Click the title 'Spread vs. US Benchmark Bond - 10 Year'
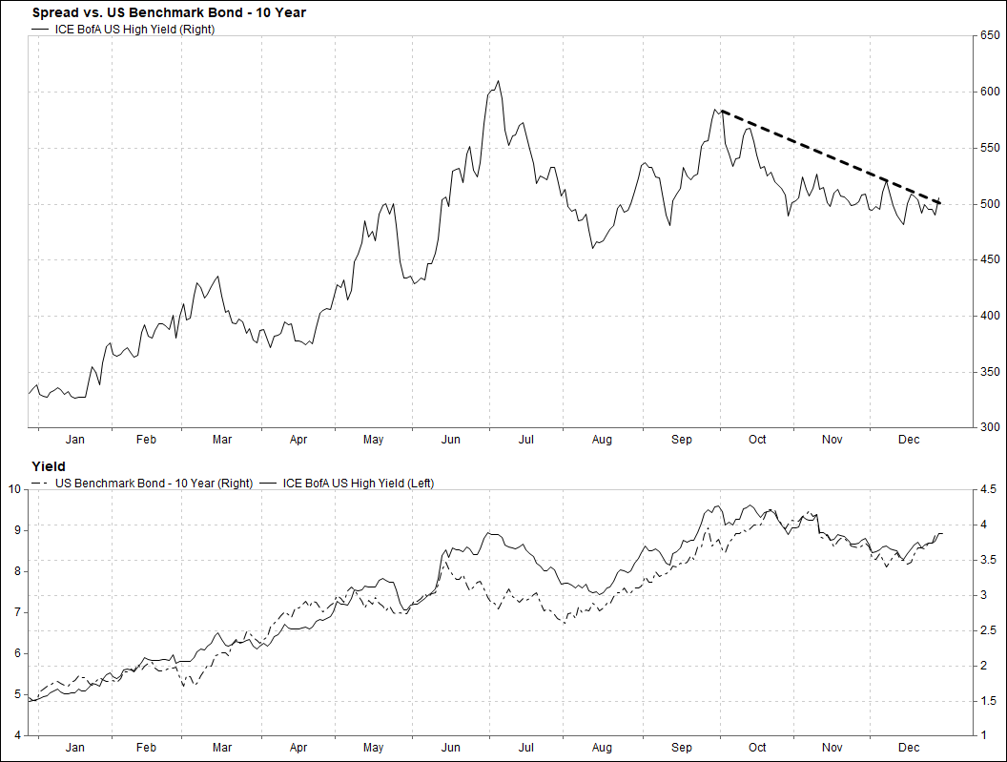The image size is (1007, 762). (x=169, y=12)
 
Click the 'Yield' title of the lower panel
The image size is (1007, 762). (x=49, y=466)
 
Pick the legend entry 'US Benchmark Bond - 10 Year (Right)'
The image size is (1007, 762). (x=154, y=484)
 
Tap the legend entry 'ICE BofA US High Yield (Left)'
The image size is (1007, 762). (x=353, y=484)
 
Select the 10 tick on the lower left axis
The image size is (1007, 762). (x=13, y=489)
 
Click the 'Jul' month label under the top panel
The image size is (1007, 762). (x=525, y=440)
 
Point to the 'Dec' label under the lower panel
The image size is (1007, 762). (x=909, y=748)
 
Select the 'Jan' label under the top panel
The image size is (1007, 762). (x=75, y=440)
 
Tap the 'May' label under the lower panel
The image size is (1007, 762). (x=373, y=748)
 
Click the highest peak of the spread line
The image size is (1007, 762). (x=498, y=81)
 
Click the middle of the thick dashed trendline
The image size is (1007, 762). (x=832, y=156)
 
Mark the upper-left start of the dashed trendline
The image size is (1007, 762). (x=722, y=111)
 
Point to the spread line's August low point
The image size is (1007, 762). (x=593, y=248)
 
